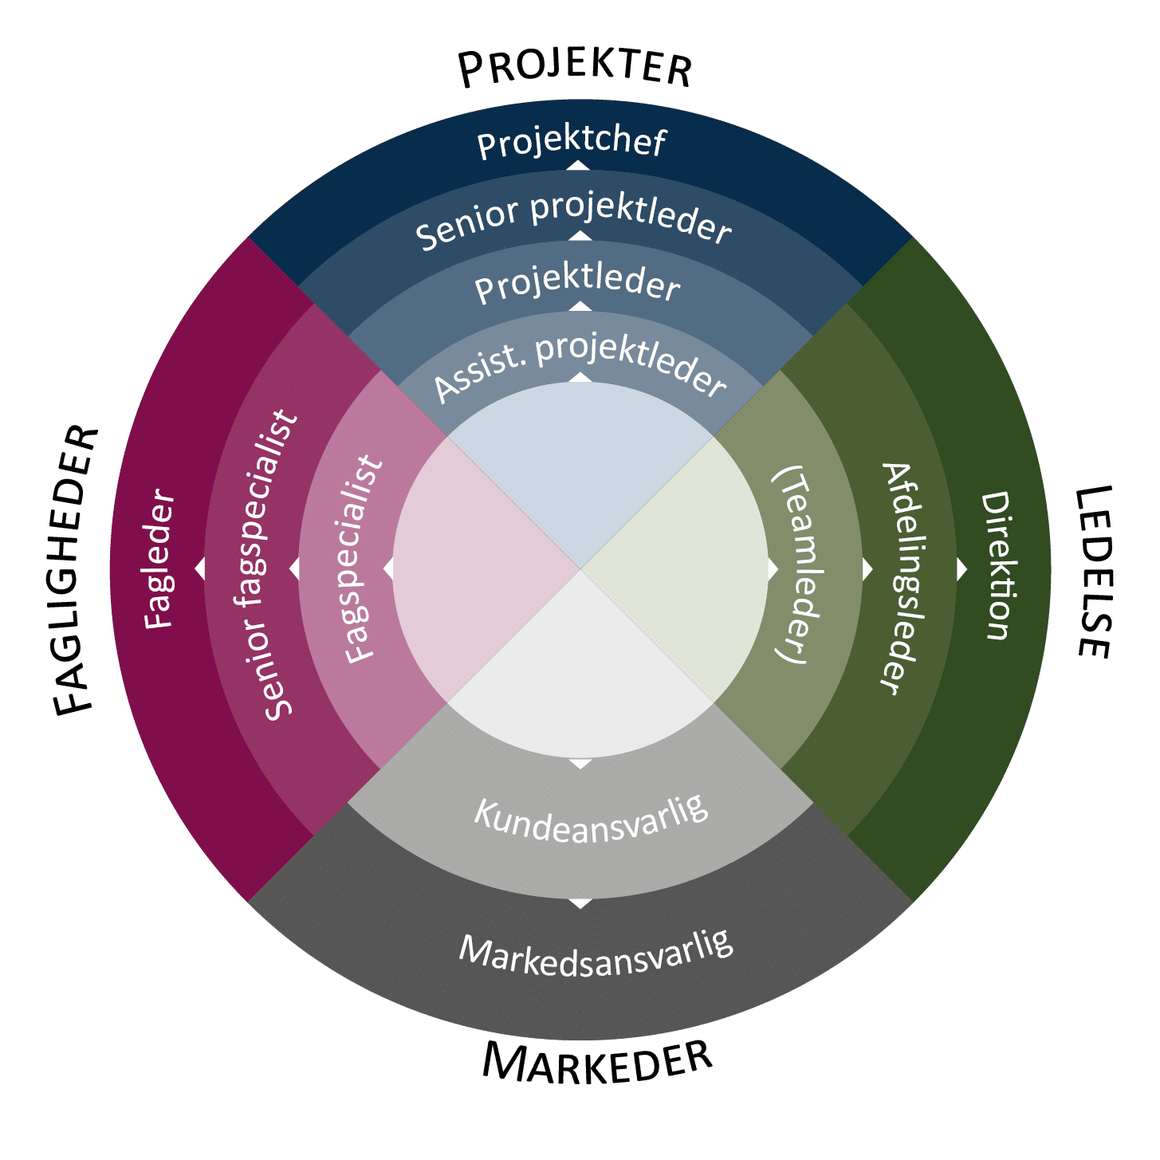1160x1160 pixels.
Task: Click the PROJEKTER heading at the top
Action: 575,69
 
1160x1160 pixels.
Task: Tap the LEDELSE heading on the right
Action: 1094,572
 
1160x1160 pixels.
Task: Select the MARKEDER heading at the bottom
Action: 597,1063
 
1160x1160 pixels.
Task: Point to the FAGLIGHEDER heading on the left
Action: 76,571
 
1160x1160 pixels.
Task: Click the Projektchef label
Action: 572,143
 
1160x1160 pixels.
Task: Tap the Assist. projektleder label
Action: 580,368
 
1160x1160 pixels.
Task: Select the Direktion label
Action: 995,566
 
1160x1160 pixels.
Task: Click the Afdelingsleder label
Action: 904,578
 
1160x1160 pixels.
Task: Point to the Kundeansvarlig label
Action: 591,820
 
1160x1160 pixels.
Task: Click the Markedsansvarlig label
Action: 596,954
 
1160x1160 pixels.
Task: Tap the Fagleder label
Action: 159,559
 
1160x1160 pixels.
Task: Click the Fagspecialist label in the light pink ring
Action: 363,559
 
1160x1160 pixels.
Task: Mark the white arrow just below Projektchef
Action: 578,166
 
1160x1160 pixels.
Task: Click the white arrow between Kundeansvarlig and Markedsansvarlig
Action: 580,903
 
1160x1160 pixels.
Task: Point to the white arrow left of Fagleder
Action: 200,568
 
